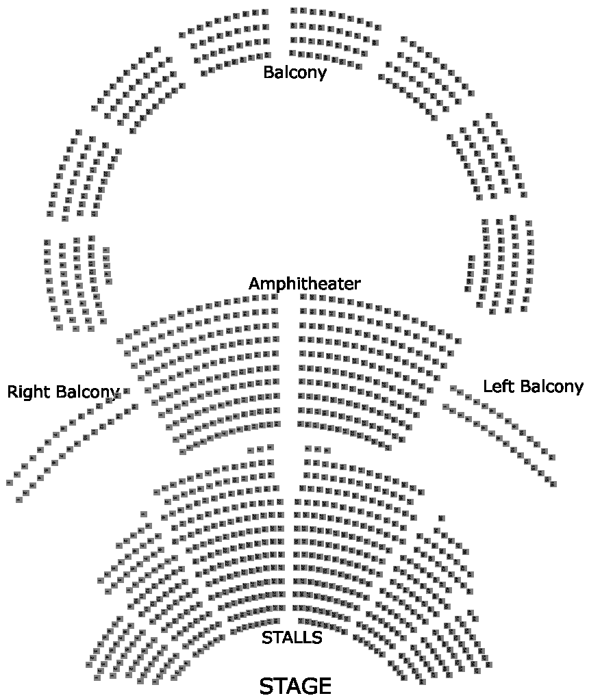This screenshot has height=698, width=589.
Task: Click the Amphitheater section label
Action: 304,283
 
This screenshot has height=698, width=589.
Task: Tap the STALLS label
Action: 292,638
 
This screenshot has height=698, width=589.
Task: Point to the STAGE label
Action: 295,685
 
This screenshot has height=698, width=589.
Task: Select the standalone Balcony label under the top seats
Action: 294,72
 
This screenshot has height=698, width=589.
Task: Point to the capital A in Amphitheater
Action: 255,283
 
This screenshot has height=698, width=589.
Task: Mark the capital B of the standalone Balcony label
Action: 268,72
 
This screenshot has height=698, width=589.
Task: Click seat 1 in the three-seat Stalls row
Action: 251,450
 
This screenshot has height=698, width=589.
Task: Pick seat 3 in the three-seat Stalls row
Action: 270,450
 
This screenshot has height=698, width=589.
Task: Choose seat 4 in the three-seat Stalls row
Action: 308,449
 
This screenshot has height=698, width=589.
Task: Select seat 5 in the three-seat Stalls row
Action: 318,449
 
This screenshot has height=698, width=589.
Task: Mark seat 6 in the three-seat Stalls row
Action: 327,450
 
